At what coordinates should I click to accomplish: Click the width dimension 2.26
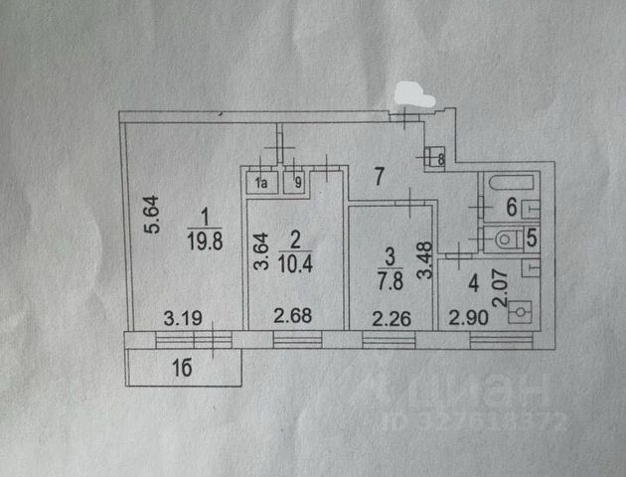coord(390,319)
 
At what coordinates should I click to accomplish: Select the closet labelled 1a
coord(262,183)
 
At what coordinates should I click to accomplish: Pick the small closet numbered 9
coord(295,183)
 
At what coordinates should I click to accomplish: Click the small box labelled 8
coord(433,156)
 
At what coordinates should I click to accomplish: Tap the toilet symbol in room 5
coord(505,238)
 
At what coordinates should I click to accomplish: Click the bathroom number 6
coord(512,208)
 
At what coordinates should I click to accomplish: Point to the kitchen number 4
coord(473,282)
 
